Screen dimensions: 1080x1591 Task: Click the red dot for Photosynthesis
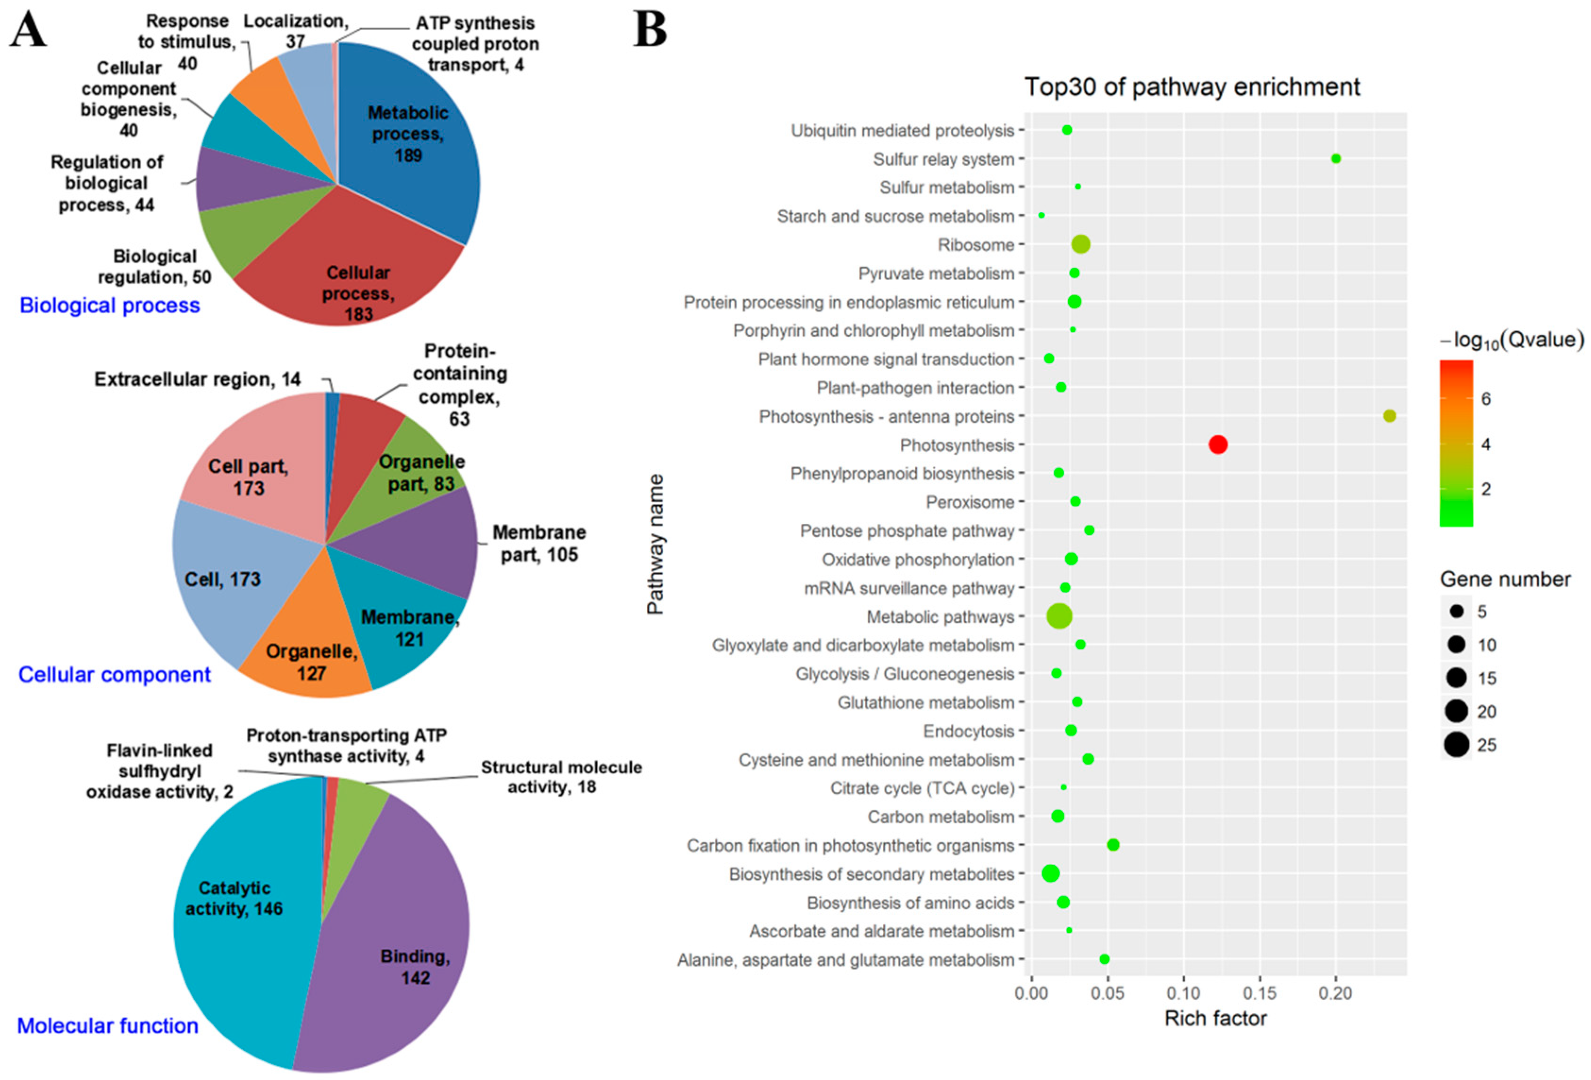click(1218, 445)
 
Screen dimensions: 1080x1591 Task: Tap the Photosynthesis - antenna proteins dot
click(1390, 415)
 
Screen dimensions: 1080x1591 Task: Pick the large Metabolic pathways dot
click(1059, 616)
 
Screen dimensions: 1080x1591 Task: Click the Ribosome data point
click(1081, 244)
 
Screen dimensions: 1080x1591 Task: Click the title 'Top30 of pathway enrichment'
click(1192, 87)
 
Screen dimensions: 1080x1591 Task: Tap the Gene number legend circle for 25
click(1457, 744)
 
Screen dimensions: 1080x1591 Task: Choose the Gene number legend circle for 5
click(1457, 611)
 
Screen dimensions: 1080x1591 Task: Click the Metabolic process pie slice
click(411, 137)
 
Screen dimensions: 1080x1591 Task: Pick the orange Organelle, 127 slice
click(308, 657)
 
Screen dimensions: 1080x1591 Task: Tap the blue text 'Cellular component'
click(114, 675)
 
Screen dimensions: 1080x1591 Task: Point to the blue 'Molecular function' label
click(108, 1025)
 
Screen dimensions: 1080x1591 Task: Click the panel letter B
click(650, 29)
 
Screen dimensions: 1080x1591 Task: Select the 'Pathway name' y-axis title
click(655, 544)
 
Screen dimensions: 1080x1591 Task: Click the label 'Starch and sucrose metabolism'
click(896, 216)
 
